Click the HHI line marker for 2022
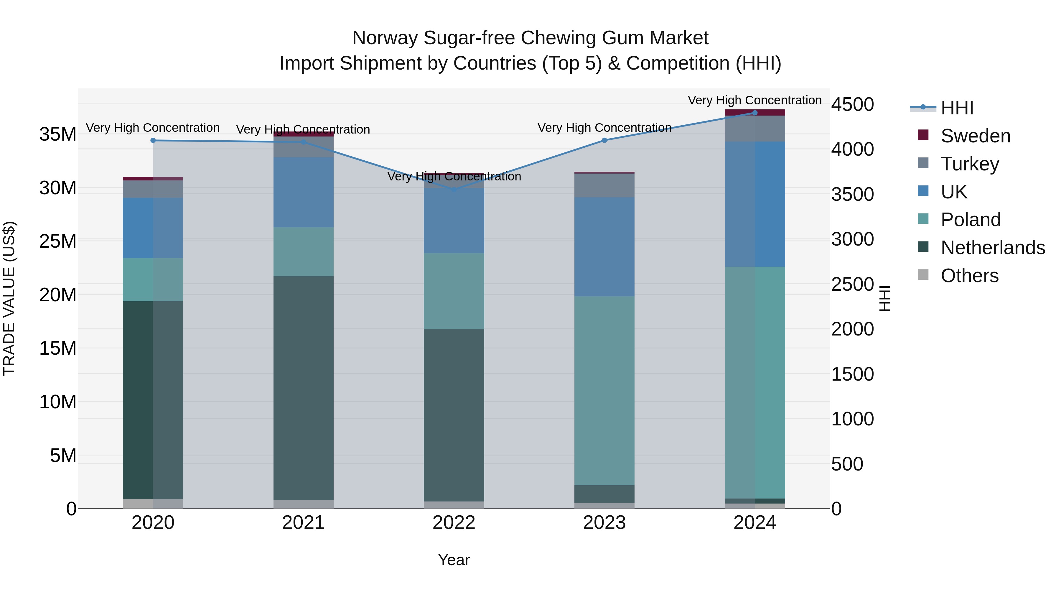pos(454,190)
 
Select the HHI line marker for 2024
pos(754,113)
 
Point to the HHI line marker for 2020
pos(153,141)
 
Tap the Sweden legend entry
pos(975,136)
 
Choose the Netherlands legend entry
pos(993,248)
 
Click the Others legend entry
pos(970,276)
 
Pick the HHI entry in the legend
pos(957,108)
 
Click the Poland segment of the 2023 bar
pos(604,391)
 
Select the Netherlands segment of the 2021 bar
pos(304,387)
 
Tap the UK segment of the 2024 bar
pos(754,204)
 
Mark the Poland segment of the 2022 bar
pos(454,291)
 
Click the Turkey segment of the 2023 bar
pos(604,185)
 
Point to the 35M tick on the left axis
pos(58,134)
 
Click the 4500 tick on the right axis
pos(852,104)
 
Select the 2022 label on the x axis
pos(454,523)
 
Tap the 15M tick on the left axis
pos(58,348)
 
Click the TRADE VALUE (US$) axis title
pos(9,298)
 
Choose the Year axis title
pos(454,560)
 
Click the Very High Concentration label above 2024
pos(754,100)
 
